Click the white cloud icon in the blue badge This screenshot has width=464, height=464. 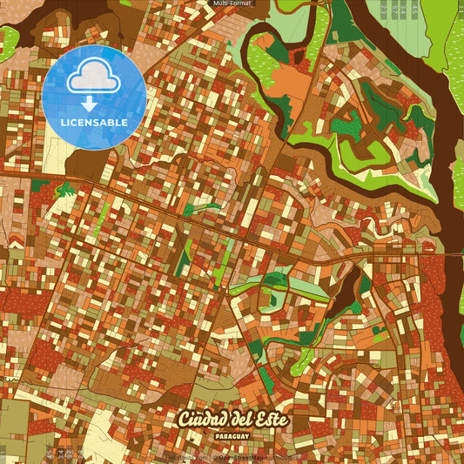pos(93,79)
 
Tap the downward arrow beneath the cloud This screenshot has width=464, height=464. pos(93,104)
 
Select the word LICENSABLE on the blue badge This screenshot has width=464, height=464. pos(94,122)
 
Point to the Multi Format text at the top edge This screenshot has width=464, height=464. pos(232,3)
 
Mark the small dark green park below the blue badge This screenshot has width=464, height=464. pos(64,189)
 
